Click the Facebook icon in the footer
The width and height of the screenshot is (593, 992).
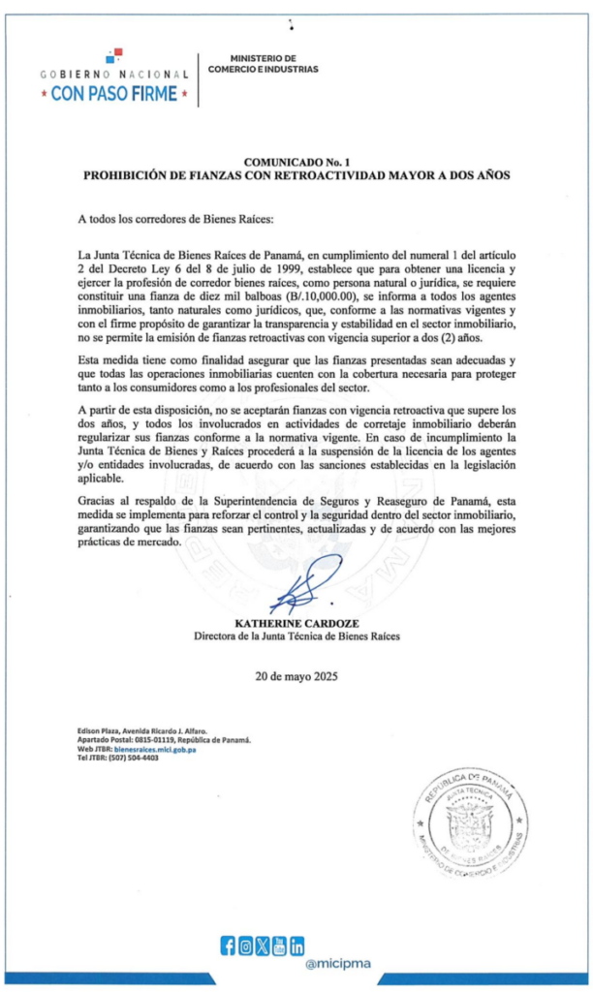coord(229,945)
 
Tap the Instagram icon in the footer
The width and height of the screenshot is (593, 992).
coord(245,945)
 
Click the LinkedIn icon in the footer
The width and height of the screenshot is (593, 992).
coord(296,945)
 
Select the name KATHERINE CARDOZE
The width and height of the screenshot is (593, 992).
coord(296,624)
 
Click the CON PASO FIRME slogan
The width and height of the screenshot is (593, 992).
coord(114,94)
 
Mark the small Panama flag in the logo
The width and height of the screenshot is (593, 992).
coord(114,54)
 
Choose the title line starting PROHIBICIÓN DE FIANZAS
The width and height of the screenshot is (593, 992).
coord(296,176)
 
